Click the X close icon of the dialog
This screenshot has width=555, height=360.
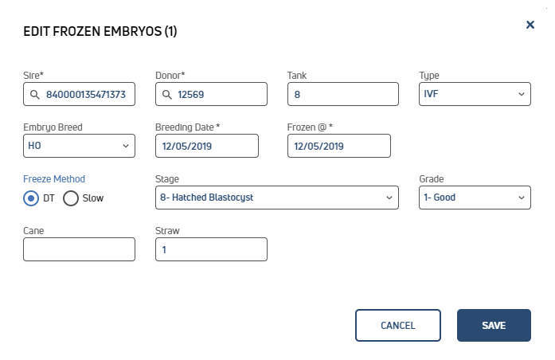click(x=530, y=25)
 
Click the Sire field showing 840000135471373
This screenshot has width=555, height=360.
click(x=80, y=94)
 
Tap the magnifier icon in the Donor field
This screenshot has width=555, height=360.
click(x=166, y=95)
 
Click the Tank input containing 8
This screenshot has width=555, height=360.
click(x=343, y=94)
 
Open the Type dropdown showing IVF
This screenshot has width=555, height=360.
click(x=475, y=94)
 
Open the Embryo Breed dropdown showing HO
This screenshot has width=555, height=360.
click(x=80, y=146)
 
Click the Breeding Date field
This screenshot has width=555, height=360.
click(x=207, y=146)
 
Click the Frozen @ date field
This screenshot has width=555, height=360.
click(x=339, y=146)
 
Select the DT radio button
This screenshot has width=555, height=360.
click(x=31, y=198)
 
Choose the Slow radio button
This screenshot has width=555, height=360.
click(x=71, y=198)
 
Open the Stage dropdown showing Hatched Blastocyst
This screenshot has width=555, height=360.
click(x=277, y=198)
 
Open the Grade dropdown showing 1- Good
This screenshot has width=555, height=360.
click(x=475, y=198)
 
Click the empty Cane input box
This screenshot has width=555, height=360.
click(x=80, y=249)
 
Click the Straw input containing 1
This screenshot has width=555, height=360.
click(x=211, y=249)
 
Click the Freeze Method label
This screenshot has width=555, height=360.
click(x=54, y=179)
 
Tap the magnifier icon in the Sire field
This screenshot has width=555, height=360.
click(x=35, y=95)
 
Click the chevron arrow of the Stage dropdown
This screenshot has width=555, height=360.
click(x=389, y=198)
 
